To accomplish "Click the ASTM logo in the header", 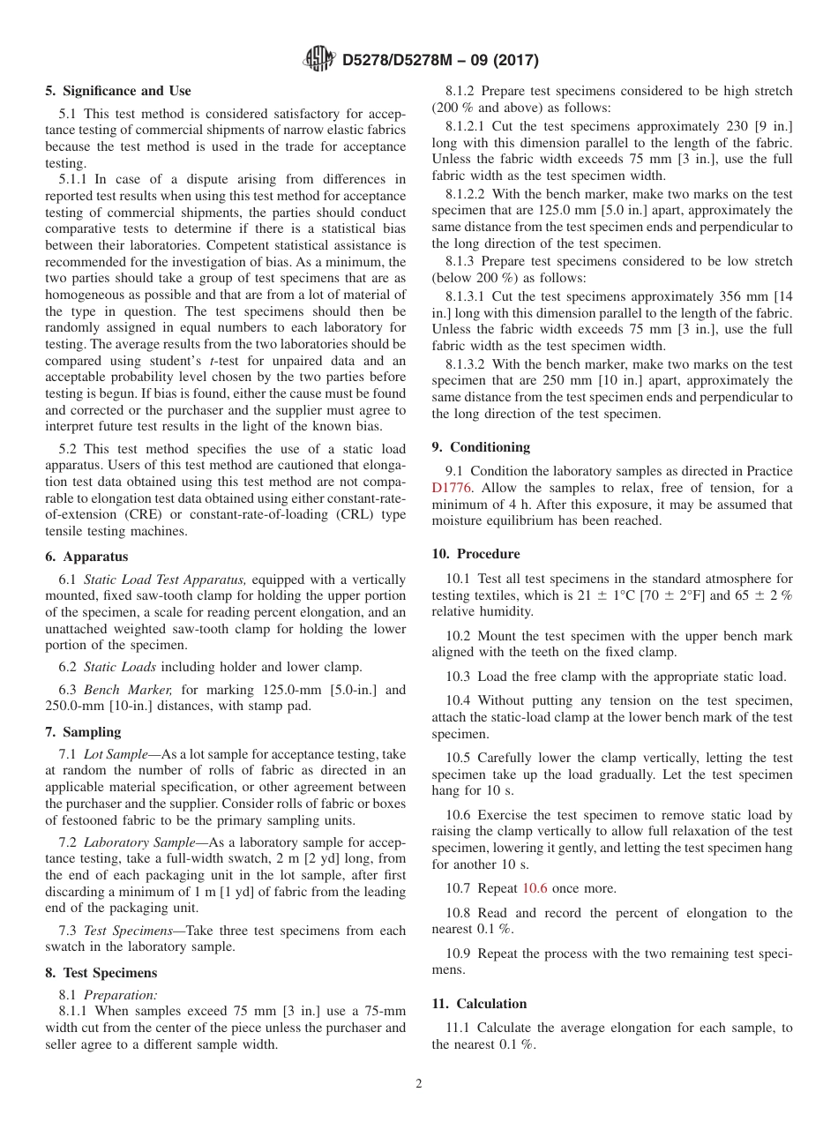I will tap(318, 60).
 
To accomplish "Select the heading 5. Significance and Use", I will tap(118, 91).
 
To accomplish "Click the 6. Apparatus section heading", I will tap(86, 557).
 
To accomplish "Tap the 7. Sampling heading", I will tap(83, 732).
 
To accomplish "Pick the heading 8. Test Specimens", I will tap(101, 973).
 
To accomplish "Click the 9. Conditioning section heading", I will tap(481, 447).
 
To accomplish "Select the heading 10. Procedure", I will tap(475, 554).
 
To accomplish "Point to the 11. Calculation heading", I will tap(479, 1004).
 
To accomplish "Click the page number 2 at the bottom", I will tap(419, 1084).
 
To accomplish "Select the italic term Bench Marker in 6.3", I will tap(124, 691).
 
